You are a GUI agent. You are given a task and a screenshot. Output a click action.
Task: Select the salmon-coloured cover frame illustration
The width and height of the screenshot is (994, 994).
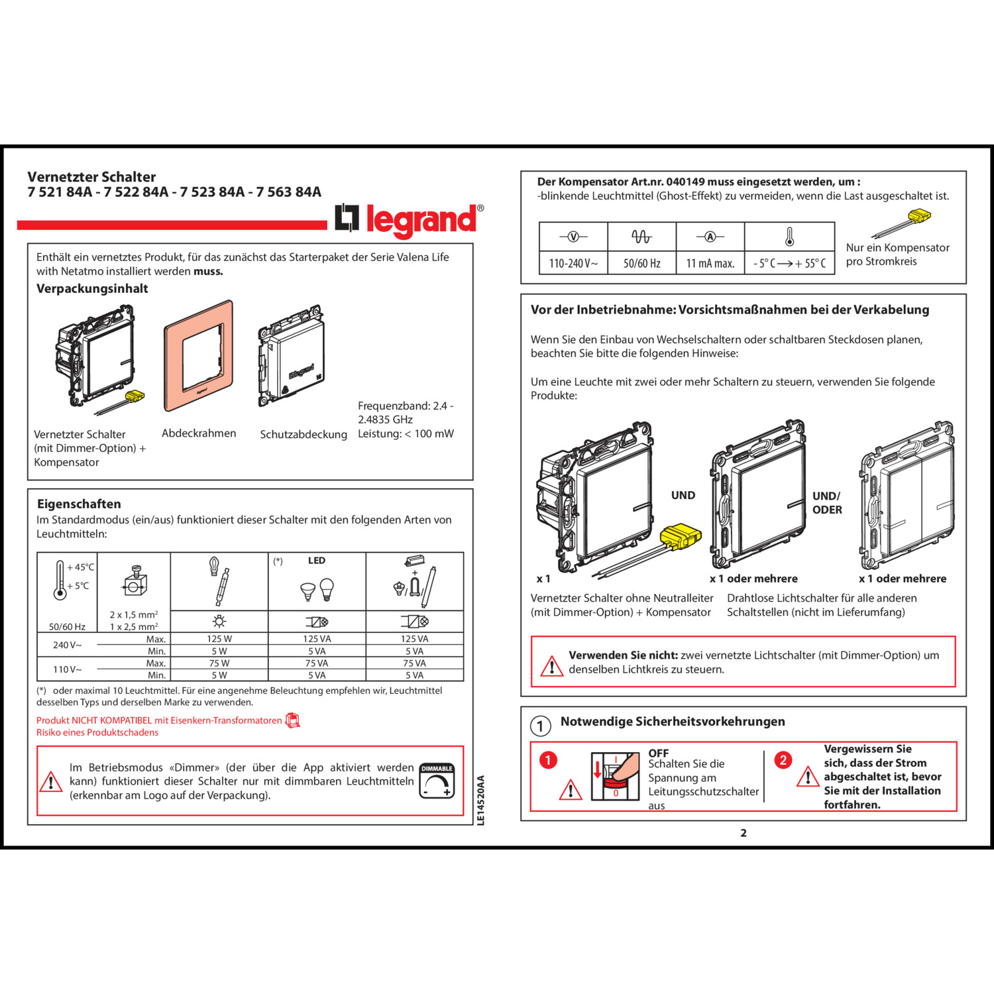tap(199, 357)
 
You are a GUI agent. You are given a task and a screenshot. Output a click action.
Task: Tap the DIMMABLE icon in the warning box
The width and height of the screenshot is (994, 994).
tap(437, 781)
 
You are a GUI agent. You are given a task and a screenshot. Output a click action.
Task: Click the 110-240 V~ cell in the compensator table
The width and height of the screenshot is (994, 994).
tap(573, 263)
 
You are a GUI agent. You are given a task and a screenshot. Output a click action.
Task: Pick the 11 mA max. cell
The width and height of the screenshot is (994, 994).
tap(710, 263)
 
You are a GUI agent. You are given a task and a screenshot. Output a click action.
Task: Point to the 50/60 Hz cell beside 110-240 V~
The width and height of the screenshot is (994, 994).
tap(641, 263)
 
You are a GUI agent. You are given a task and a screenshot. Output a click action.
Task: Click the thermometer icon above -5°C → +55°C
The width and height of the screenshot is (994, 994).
tap(789, 237)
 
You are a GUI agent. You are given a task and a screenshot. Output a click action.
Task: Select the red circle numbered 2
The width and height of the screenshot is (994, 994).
tap(783, 759)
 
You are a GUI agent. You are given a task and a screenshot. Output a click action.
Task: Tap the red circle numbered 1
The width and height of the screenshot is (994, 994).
tap(548, 759)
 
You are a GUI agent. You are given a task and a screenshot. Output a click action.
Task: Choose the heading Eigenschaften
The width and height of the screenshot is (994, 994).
tap(79, 504)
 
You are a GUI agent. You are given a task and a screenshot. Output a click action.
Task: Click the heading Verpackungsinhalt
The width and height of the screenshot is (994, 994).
tap(92, 288)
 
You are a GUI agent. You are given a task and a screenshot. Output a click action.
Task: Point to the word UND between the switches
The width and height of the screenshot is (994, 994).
tap(683, 495)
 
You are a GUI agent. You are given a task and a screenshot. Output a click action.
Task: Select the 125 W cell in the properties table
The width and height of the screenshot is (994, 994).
tap(219, 639)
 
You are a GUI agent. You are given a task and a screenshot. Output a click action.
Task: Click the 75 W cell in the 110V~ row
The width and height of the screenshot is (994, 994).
tap(219, 663)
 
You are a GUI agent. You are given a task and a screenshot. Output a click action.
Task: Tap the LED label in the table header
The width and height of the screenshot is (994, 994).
tap(317, 561)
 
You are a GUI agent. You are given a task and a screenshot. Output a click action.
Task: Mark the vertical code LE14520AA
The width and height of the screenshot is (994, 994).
tap(481, 801)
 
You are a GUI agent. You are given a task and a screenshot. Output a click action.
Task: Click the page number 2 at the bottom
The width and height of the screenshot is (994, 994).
tap(744, 833)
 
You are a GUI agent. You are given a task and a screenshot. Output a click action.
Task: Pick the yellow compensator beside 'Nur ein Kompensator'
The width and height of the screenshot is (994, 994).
tap(918, 216)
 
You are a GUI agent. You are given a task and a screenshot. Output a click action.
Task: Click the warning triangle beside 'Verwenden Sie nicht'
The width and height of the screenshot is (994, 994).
tap(551, 665)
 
